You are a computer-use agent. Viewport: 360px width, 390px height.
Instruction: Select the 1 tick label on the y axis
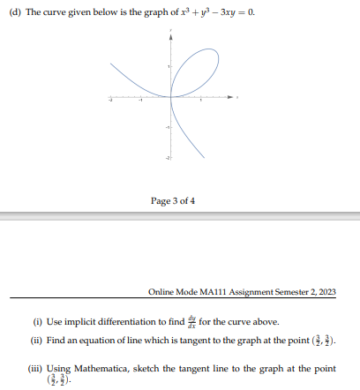(x=167, y=66)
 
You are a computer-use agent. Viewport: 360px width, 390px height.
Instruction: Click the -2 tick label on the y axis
(x=165, y=157)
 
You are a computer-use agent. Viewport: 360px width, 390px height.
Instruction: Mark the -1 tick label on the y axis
(x=165, y=126)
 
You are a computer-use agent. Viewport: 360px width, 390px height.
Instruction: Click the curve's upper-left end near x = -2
(x=113, y=64)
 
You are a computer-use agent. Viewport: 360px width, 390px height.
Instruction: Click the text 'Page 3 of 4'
(x=173, y=201)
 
